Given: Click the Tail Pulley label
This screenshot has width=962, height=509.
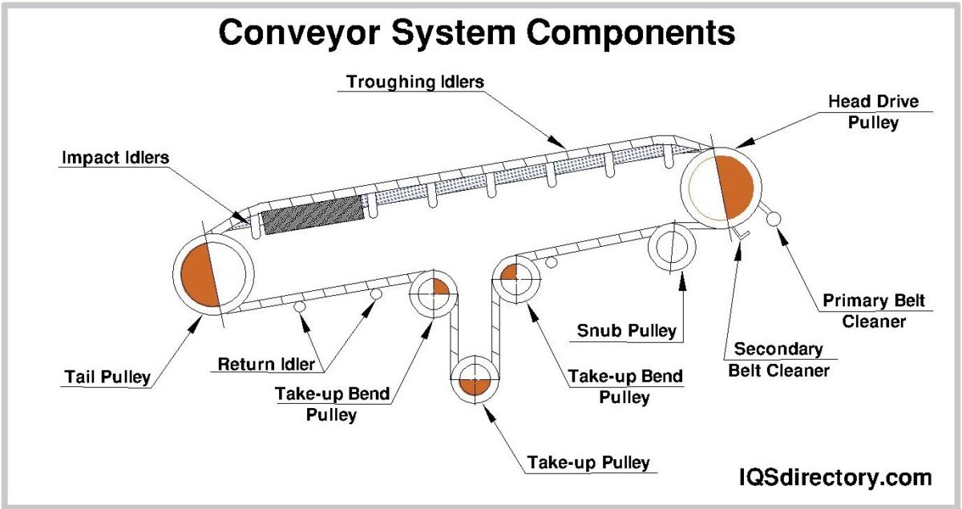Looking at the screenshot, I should click(107, 377).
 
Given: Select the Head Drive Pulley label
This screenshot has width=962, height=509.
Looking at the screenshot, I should click(872, 112).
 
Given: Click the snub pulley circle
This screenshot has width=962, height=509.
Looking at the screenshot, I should click(671, 248).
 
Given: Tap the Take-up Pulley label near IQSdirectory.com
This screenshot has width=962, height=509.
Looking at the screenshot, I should click(588, 463).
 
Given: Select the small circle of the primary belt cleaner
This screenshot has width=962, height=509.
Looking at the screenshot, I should click(774, 218).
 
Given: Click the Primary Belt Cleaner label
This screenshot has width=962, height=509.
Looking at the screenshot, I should click(874, 311).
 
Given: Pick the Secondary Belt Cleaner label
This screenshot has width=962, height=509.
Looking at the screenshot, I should click(778, 360).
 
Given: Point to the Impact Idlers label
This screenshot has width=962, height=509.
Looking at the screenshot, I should click(115, 158).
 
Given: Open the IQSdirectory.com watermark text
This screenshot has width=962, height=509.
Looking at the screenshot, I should click(835, 478).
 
